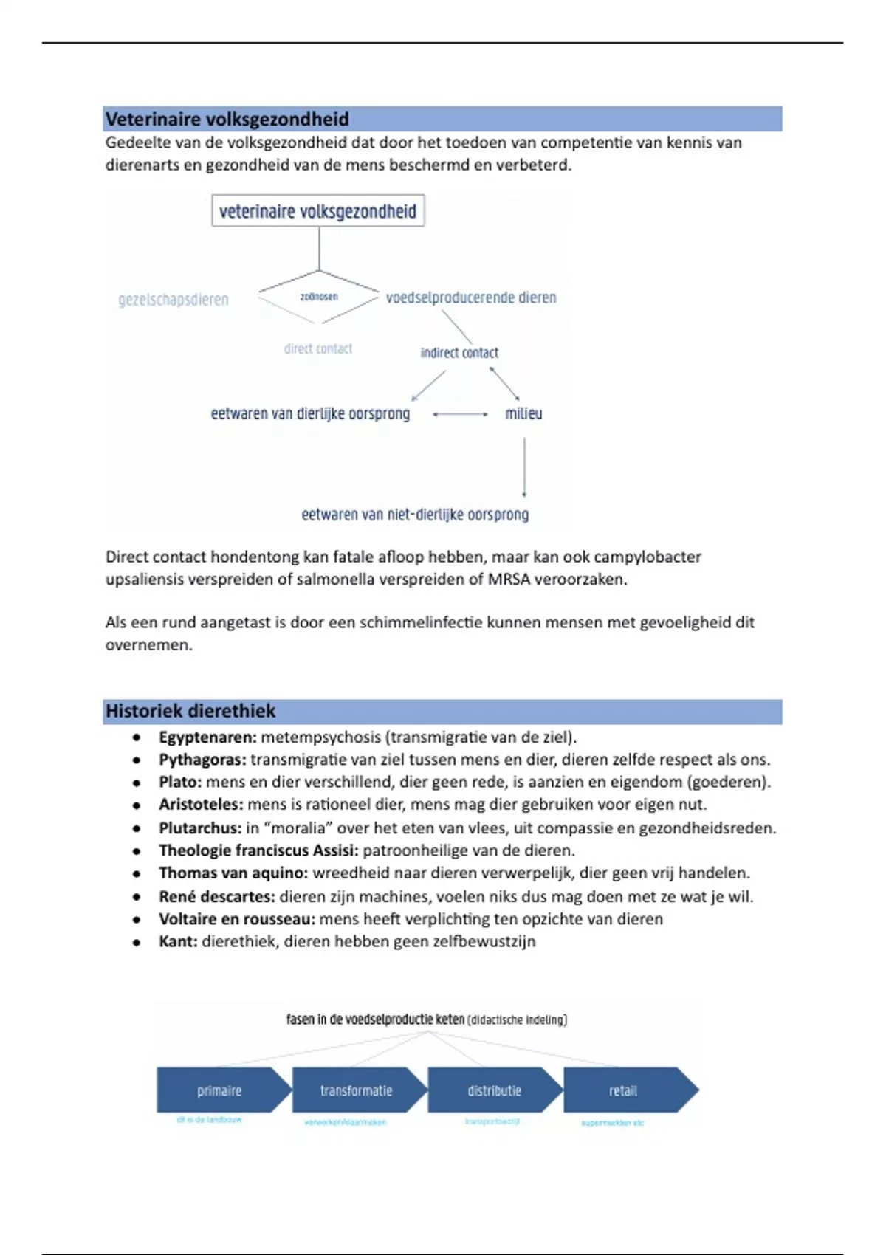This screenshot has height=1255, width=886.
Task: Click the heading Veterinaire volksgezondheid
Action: coord(227,119)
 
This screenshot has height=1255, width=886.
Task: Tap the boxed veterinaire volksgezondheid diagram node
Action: coord(317,211)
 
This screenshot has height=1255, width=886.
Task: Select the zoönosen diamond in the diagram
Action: coord(319,297)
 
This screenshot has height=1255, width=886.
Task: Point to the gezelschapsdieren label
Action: coord(174,300)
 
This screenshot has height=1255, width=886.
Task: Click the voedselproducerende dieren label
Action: coord(471,298)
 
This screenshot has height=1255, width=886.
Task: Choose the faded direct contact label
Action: coord(318,348)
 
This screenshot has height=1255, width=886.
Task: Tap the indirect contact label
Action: coord(459,353)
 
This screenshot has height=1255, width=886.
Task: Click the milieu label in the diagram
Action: coord(523,413)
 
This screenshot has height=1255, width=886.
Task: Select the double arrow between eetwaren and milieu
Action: coord(460,414)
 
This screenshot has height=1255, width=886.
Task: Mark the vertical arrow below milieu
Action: coord(524,467)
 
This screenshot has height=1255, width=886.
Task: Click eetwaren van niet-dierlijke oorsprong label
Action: coord(415,515)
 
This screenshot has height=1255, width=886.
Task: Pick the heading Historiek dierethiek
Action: coord(190,711)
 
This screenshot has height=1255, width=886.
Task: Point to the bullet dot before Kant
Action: coord(137,942)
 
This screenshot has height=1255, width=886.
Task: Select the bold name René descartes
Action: coord(216,897)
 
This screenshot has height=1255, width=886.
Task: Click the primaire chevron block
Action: coord(220,1090)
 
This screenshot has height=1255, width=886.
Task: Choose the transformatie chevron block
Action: coord(356,1090)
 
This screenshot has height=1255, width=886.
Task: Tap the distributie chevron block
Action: coord(494,1090)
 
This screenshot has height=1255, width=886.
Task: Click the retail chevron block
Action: coord(624,1090)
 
